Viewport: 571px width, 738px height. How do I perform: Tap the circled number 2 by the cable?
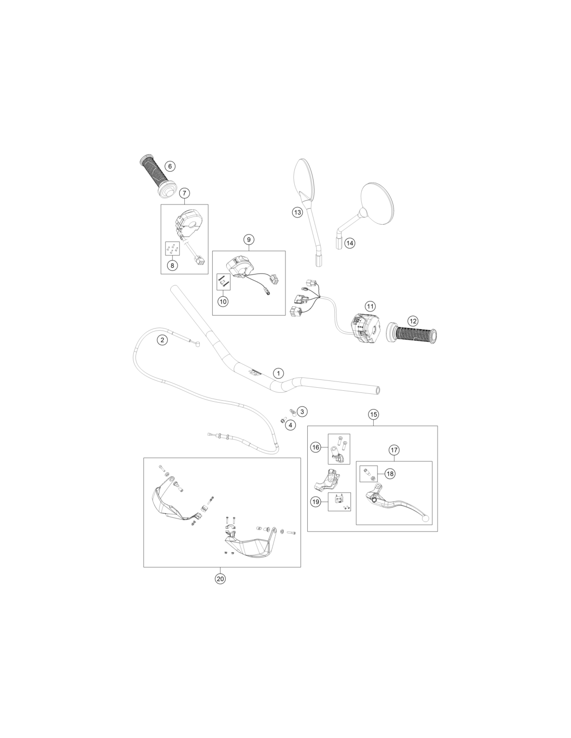click(162, 339)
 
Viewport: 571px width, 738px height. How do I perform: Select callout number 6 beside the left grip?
click(170, 166)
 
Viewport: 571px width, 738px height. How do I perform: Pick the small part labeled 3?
click(291, 413)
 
